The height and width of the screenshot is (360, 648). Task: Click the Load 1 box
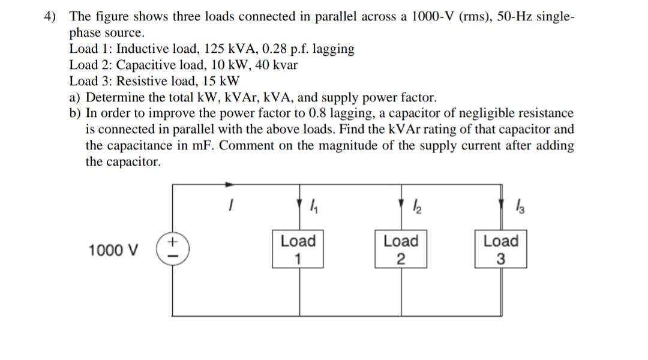click(298, 249)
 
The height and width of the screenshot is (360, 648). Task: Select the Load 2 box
click(401, 249)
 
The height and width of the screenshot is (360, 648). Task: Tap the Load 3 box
click(501, 249)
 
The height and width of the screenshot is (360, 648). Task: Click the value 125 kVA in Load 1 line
click(236, 49)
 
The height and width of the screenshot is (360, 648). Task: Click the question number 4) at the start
click(52, 16)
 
